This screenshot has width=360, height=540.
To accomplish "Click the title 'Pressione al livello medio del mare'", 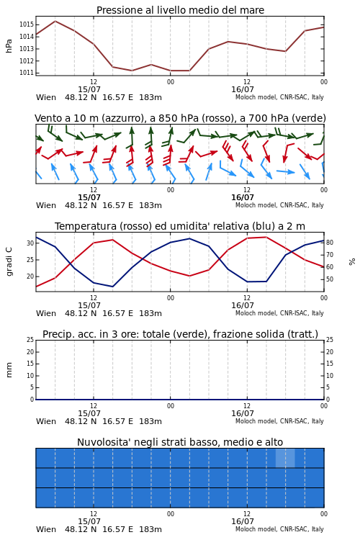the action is pos(180,10).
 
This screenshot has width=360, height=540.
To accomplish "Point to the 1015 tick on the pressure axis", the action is pos(26,24).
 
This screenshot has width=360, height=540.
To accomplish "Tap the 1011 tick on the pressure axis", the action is pos(26,73).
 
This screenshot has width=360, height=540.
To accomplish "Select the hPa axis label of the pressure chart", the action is pos(9,46).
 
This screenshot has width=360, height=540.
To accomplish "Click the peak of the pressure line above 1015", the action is pos(55,21).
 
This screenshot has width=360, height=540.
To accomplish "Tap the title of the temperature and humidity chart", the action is pos(180,226).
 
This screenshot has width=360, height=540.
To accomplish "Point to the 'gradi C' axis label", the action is pos(9,261).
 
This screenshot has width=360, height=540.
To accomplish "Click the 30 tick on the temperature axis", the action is pos(30,243).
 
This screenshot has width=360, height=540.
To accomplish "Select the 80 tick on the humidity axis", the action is pos(330,243).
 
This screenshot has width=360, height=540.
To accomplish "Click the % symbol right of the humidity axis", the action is pos(352,262).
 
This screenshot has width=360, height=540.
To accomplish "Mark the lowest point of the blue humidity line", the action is pos(112,287).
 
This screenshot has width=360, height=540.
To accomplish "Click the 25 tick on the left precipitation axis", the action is pos(30,340).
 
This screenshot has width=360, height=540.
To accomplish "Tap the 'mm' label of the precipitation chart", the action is pos(9,370).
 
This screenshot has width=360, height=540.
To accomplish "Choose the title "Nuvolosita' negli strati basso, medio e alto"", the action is pos(180,442).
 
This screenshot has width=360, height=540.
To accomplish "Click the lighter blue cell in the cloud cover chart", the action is pos(285,458).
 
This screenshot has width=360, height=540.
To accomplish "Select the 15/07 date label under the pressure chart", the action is pos(89,89).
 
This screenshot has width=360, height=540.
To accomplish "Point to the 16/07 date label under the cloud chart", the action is pos(243,521).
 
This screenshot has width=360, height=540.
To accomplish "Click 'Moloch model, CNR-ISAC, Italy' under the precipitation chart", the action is pos(279,421).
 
